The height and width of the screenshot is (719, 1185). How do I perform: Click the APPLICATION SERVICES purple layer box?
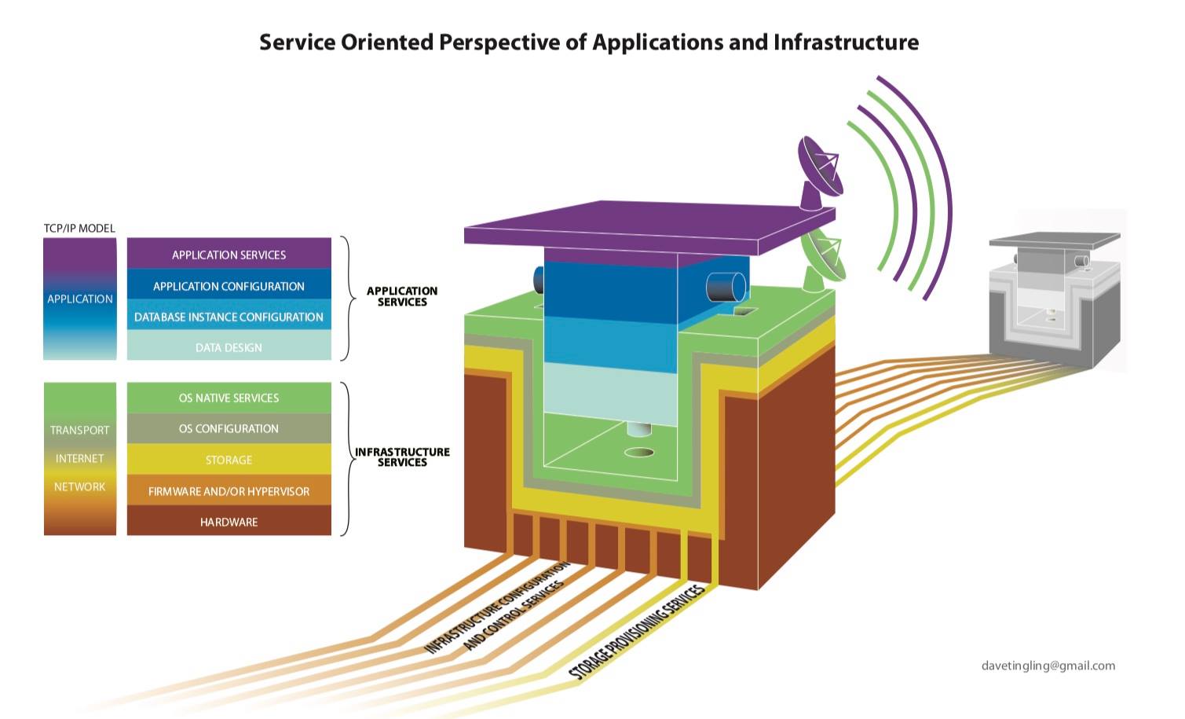point(229,255)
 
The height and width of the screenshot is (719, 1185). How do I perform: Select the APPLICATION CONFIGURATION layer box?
point(229,286)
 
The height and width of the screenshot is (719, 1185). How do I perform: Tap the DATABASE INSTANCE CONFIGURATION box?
point(229,317)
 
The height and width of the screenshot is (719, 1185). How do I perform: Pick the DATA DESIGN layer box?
point(229,347)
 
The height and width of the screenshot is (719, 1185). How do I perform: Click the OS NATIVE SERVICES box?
point(229,398)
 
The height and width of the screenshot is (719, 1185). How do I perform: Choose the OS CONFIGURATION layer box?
point(229,428)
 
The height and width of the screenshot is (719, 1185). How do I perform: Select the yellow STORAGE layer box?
point(229,460)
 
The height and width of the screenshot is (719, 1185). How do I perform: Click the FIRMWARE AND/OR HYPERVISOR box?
point(229,491)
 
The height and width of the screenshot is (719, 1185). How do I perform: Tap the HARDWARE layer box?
point(229,522)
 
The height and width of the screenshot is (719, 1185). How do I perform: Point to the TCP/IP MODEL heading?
point(79,228)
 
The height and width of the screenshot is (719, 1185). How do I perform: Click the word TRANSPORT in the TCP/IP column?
point(79,430)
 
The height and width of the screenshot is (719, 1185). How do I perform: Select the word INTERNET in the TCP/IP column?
point(79,458)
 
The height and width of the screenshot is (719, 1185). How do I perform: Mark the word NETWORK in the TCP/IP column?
point(79,486)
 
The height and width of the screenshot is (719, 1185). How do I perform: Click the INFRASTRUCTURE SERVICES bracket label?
point(402,457)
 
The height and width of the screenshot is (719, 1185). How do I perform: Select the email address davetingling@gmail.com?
point(1048,666)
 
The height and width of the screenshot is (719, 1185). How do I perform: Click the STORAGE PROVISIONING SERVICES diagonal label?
point(636,632)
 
